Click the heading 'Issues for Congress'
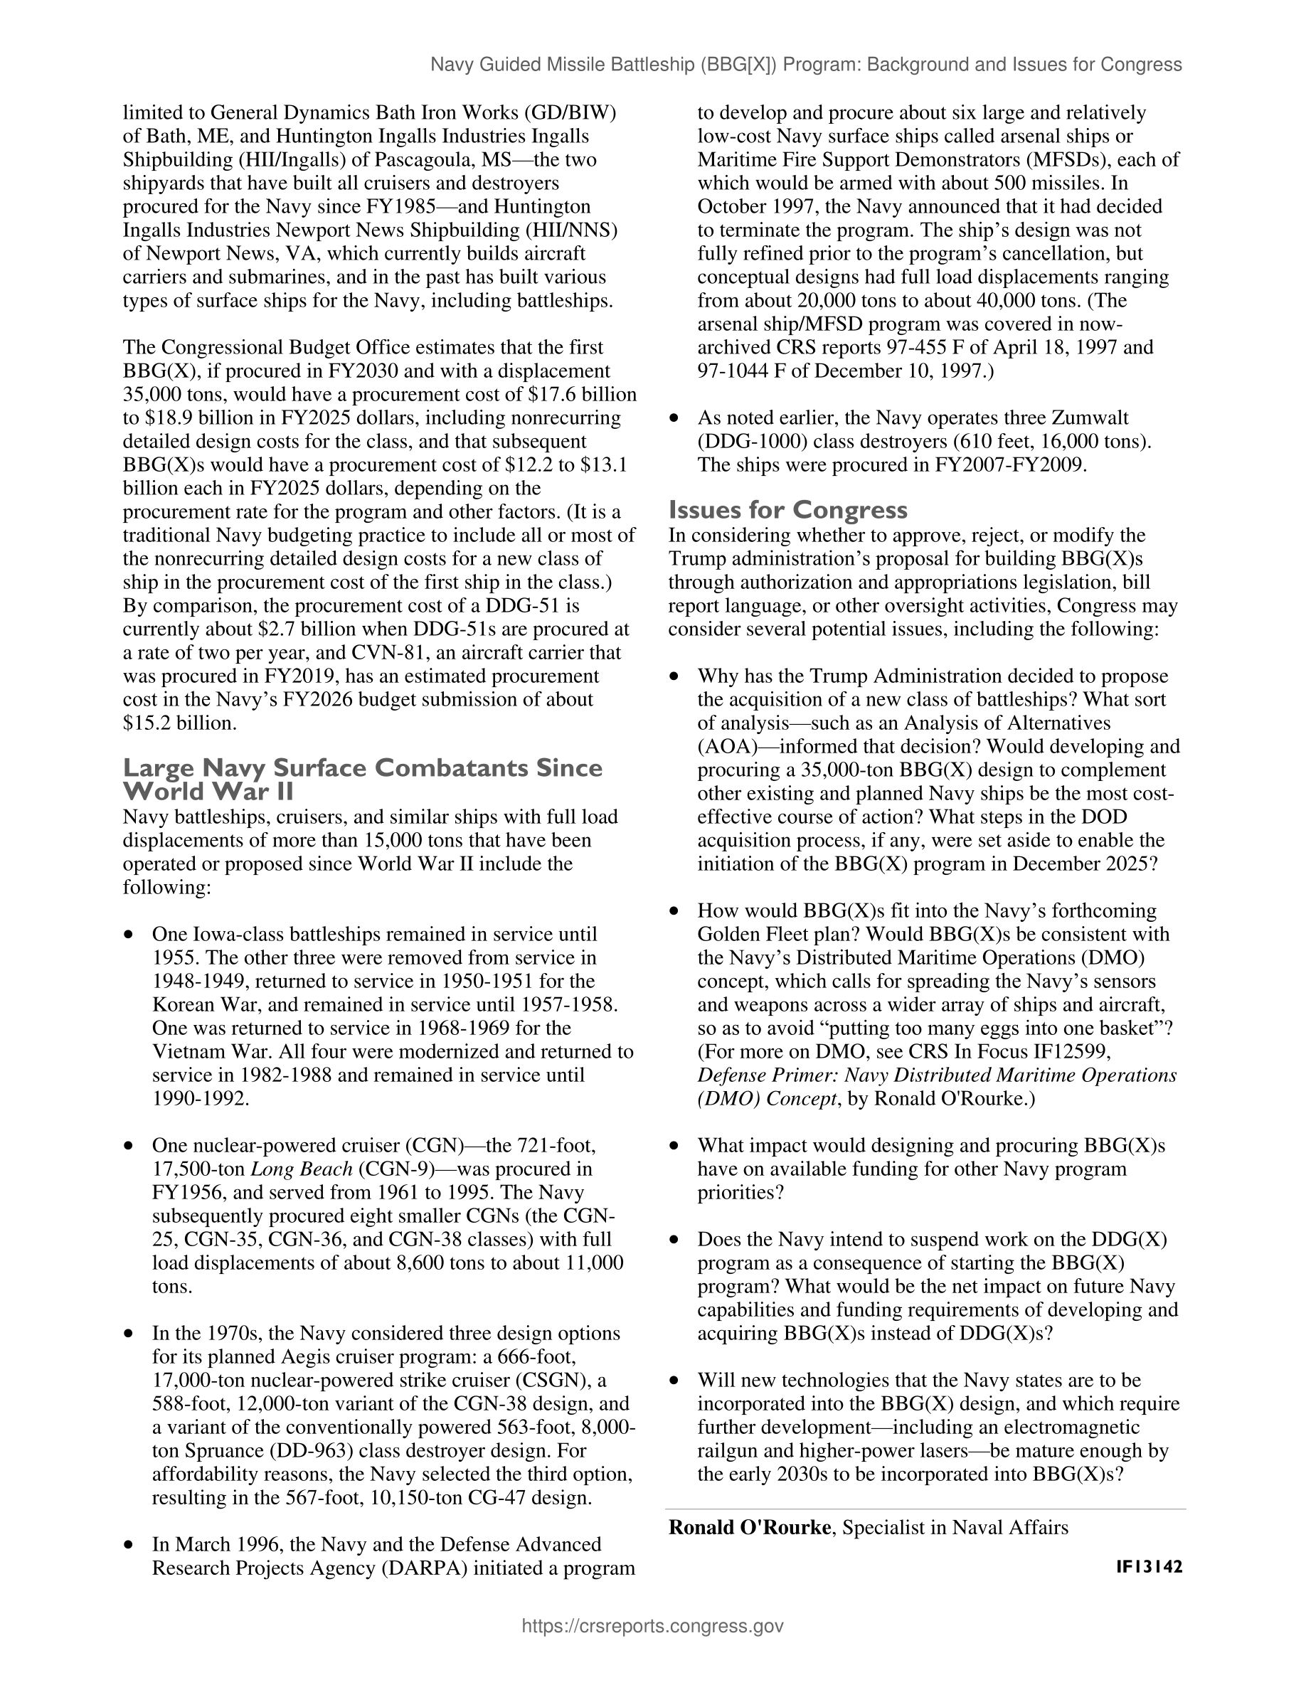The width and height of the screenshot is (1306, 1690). point(787,510)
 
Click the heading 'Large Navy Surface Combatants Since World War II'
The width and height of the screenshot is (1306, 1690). point(362,780)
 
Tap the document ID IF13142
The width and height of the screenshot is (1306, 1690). point(1149,1567)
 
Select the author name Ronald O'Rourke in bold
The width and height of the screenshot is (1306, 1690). point(749,1528)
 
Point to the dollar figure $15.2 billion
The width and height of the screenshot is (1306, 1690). point(179,723)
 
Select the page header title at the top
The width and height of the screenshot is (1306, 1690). point(805,65)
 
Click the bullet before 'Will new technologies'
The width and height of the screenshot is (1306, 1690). point(674,1381)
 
